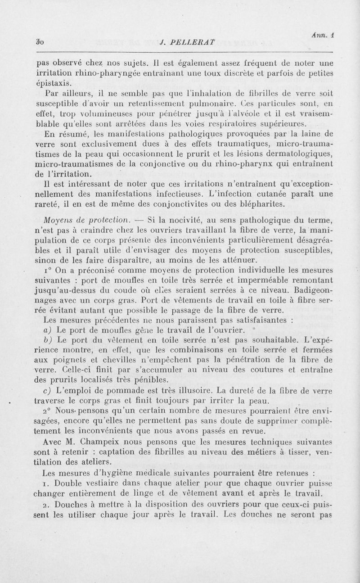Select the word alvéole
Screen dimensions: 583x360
(220, 114)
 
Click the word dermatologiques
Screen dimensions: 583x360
(303, 154)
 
